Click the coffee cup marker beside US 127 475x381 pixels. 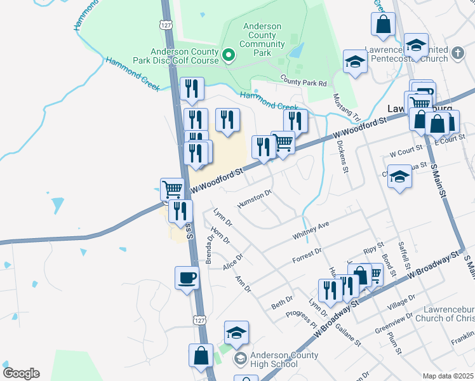pyautogui.click(x=187, y=277)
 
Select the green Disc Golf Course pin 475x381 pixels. pyautogui.click(x=229, y=56)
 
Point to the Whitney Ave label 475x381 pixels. pyautogui.click(x=311, y=231)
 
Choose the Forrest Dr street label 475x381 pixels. pyautogui.click(x=307, y=256)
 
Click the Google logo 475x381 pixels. pyautogui.click(x=21, y=373)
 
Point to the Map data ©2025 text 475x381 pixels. pyautogui.click(x=448, y=376)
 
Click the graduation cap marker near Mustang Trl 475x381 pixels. pyautogui.click(x=355, y=62)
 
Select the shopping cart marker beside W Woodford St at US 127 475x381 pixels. pyautogui.click(x=171, y=188)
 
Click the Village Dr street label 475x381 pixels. pyautogui.click(x=403, y=302)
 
